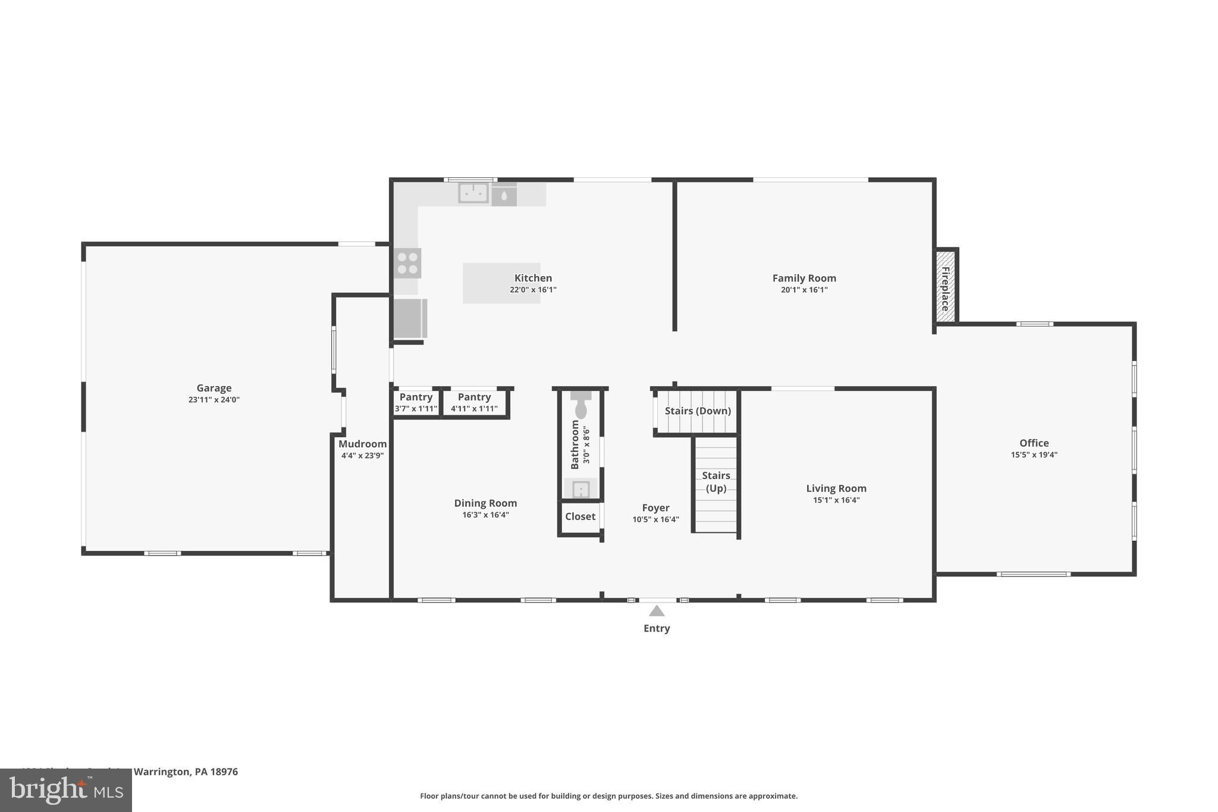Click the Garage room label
pyautogui.click(x=214, y=388)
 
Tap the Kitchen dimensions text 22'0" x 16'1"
pyautogui.click(x=533, y=290)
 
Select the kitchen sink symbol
pyautogui.click(x=473, y=193)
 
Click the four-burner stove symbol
pyautogui.click(x=408, y=263)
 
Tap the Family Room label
pyautogui.click(x=804, y=278)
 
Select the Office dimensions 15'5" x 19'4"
pyautogui.click(x=1034, y=455)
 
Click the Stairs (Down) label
pyautogui.click(x=698, y=411)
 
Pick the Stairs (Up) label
pyautogui.click(x=716, y=482)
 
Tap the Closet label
pyautogui.click(x=580, y=516)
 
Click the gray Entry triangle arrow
pyautogui.click(x=657, y=611)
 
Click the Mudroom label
pyautogui.click(x=362, y=444)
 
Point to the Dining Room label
pyautogui.click(x=485, y=503)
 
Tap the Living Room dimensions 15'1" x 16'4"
pyautogui.click(x=836, y=500)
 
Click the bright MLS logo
pyautogui.click(x=66, y=790)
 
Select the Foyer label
pyautogui.click(x=655, y=507)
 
